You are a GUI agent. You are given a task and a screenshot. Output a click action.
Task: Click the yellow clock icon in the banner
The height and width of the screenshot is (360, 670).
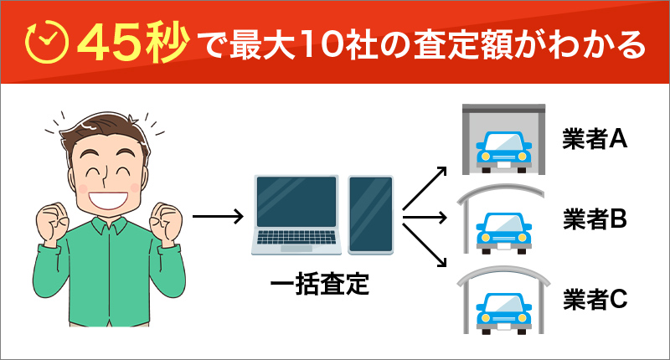(46, 42)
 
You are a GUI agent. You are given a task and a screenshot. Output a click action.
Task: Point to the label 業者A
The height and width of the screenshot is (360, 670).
(595, 139)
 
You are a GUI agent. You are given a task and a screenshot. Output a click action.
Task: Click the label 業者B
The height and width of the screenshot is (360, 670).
(595, 219)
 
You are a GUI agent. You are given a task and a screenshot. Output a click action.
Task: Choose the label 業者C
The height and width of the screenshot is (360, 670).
(595, 298)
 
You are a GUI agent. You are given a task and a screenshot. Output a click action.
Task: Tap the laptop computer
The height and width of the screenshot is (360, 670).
(297, 214)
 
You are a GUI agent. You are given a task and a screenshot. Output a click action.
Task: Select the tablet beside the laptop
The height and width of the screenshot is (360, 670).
(370, 214)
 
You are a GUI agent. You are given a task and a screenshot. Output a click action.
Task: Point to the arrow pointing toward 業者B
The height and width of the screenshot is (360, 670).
(426, 219)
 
